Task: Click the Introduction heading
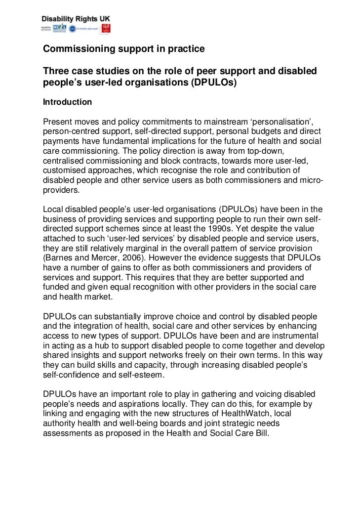[67, 102]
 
